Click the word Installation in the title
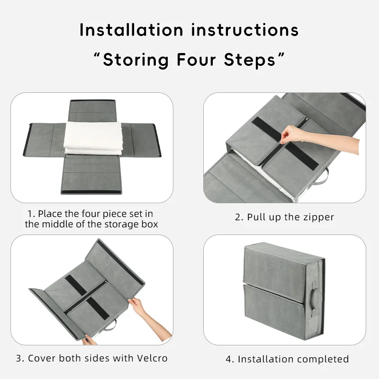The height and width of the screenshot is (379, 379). click(131, 30)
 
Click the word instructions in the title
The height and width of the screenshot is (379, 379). click(245, 30)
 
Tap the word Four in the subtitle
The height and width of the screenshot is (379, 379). click(196, 60)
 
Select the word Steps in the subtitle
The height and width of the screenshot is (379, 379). click(250, 60)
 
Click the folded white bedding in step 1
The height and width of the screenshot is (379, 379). click(93, 138)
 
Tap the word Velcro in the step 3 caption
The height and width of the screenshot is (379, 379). click(152, 358)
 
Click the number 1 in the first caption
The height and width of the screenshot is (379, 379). click(30, 214)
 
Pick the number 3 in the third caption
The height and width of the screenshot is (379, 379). click(18, 358)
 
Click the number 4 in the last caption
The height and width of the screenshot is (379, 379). click(229, 360)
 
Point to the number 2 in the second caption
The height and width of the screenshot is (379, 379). click(238, 217)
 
